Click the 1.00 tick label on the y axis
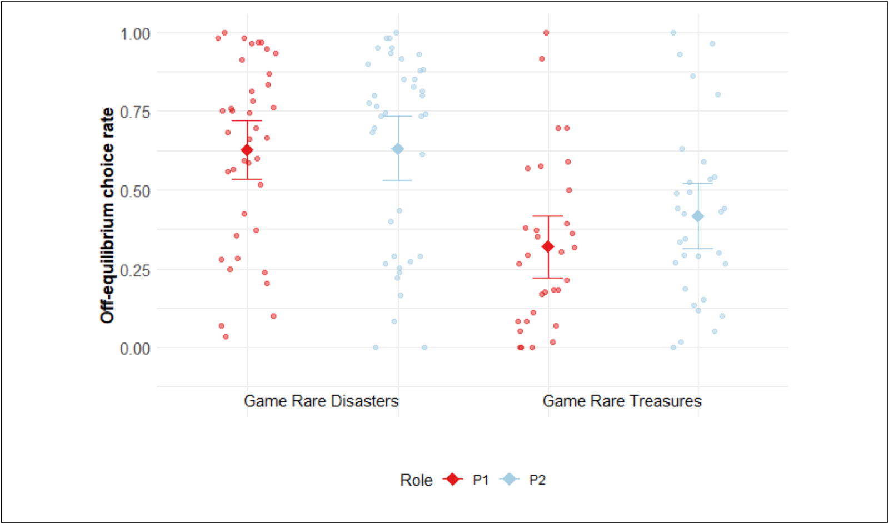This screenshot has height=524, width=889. point(135,34)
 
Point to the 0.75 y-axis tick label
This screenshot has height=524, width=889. point(135,112)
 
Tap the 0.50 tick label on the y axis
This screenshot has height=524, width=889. point(135,191)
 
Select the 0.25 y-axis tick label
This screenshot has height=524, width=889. point(135,270)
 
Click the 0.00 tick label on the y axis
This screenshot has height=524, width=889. point(135,349)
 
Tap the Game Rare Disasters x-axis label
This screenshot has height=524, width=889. point(321,401)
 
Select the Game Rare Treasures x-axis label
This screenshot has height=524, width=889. point(622,401)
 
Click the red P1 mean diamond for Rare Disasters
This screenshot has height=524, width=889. point(247,150)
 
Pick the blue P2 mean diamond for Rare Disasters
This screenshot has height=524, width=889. point(398,149)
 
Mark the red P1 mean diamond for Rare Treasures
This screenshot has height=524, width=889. point(548,246)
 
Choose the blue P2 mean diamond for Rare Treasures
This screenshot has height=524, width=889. point(698,216)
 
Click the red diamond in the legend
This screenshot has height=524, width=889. point(453,479)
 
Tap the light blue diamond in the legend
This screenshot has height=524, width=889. point(509,479)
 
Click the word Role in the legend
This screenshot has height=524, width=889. point(416,480)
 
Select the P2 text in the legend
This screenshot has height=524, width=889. point(537,480)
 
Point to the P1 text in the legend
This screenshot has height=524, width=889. point(481,480)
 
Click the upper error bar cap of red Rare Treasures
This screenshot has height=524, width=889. point(548,216)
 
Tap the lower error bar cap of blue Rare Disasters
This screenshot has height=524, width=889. point(398,180)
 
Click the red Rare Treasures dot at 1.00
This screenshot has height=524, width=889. point(546,33)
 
